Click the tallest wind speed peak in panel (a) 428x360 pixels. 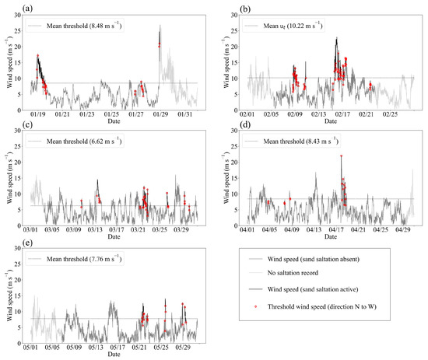pyautogui.click(x=160, y=26)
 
